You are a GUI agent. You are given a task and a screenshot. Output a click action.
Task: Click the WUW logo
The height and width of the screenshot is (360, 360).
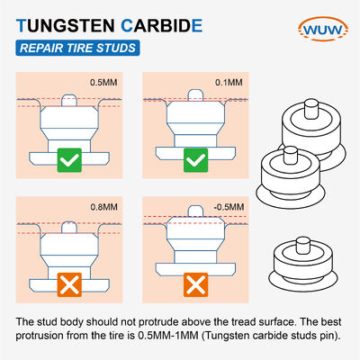pyautogui.click(x=323, y=29)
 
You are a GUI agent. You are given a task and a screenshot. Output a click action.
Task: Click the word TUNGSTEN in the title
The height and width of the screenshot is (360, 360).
pyautogui.click(x=66, y=26)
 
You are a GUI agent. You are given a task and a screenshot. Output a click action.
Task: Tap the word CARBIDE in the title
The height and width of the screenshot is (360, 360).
pyautogui.click(x=162, y=26)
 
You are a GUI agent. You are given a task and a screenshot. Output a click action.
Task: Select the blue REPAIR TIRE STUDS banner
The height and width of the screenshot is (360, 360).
pyautogui.click(x=77, y=48)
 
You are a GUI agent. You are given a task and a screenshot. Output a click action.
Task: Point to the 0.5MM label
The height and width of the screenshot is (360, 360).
pyautogui.click(x=103, y=82)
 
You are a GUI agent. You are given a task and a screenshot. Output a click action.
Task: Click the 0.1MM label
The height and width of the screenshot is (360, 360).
pyautogui.click(x=229, y=82)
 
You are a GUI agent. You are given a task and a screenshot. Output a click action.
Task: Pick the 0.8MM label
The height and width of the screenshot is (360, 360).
pyautogui.click(x=104, y=207)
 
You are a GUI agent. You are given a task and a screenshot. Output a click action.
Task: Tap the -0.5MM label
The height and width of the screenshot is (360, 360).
pyautogui.click(x=229, y=207)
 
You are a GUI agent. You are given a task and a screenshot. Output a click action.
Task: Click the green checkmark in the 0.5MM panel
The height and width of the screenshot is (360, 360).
pyautogui.click(x=69, y=160)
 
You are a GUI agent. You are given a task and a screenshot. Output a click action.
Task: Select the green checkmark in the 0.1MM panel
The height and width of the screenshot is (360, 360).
pyautogui.click(x=195, y=160)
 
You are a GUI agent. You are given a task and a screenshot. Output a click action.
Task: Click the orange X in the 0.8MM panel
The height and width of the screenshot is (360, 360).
pyautogui.click(x=69, y=284)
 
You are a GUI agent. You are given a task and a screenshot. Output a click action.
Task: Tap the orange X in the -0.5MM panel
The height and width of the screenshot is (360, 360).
pyautogui.click(x=195, y=284)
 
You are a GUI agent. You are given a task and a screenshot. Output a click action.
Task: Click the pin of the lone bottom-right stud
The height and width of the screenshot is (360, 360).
pyautogui.click(x=302, y=246)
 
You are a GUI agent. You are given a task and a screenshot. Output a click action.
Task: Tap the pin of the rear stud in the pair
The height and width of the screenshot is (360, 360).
pyautogui.click(x=311, y=109)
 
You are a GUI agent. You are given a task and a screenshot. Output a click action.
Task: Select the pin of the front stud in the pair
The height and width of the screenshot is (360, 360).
pyautogui.click(x=291, y=156)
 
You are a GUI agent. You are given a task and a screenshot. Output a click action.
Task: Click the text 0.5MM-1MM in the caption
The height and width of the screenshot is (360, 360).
pyautogui.click(x=168, y=336)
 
